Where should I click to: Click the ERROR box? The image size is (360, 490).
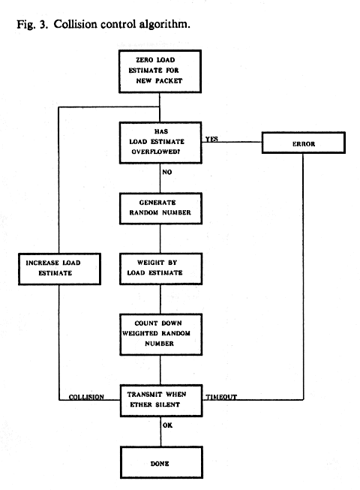303,143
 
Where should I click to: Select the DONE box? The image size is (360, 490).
161,462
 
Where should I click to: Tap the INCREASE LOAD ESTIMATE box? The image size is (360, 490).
59,269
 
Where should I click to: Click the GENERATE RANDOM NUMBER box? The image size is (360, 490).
160,209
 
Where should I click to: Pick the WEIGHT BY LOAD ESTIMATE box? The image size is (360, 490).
160,269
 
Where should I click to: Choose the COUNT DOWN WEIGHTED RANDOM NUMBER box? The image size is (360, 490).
160,335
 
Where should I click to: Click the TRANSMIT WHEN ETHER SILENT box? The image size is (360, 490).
161,401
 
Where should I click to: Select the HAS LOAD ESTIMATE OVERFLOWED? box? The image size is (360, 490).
160,143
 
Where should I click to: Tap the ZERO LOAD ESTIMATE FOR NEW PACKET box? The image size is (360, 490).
160,71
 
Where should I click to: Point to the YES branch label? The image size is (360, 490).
211,139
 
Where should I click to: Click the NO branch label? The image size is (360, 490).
167,172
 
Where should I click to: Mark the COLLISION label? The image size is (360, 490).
86,397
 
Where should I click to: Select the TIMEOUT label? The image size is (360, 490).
221,397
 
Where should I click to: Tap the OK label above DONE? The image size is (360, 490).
167,425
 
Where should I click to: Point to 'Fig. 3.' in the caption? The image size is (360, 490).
32,24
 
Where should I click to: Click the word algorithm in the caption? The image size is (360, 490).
164,24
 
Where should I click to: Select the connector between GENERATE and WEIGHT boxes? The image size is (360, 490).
160,239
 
